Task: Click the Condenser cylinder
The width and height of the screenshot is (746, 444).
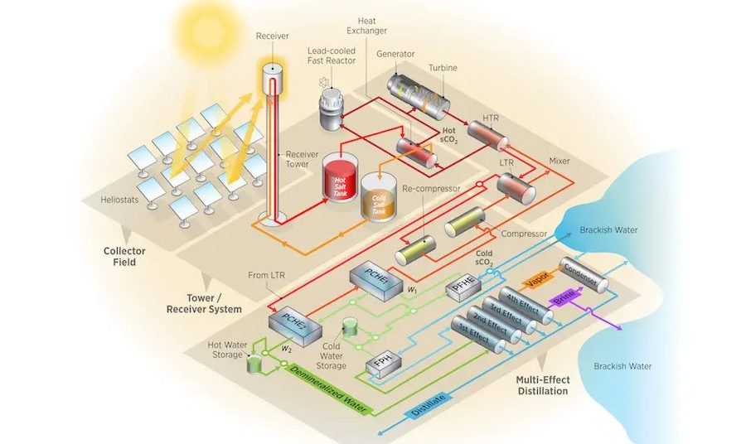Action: [585, 274]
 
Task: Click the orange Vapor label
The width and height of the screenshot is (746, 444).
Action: [537, 280]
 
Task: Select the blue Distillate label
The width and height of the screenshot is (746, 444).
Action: [428, 402]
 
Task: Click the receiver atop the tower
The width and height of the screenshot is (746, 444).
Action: [270, 77]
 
